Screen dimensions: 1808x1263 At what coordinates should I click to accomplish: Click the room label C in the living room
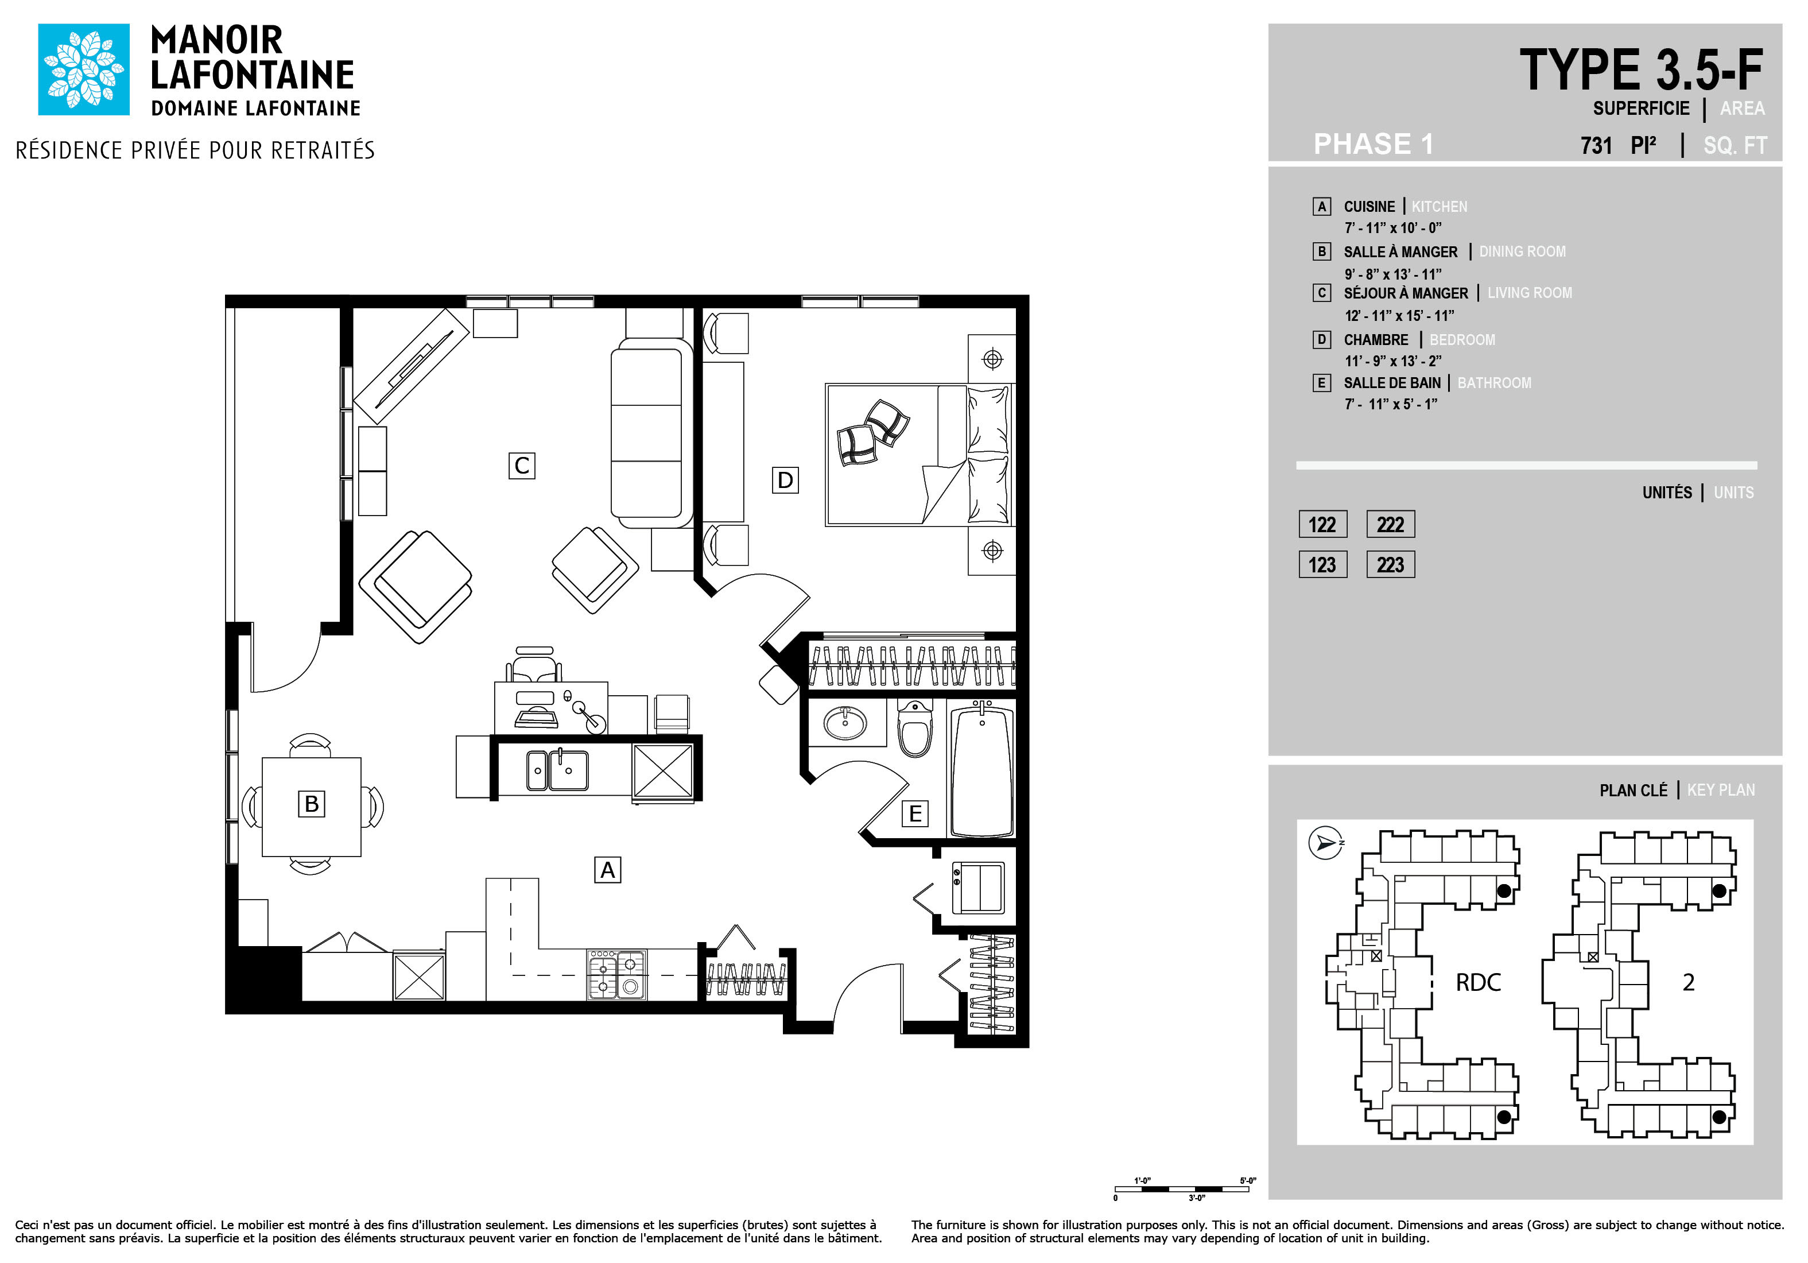pyautogui.click(x=521, y=466)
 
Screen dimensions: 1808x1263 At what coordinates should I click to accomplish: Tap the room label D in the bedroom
pyautogui.click(x=785, y=479)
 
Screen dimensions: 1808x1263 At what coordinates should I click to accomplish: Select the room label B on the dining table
pyautogui.click(x=311, y=803)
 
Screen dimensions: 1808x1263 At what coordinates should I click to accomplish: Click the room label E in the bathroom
pyautogui.click(x=915, y=813)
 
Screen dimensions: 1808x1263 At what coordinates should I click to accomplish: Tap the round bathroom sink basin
pyautogui.click(x=845, y=722)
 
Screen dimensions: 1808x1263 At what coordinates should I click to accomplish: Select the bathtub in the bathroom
pyautogui.click(x=982, y=770)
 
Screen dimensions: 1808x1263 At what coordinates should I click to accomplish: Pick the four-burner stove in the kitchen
pyautogui.click(x=616, y=974)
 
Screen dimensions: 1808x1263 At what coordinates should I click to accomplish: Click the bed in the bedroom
pyautogui.click(x=919, y=454)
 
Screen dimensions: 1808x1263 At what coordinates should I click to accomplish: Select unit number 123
pyautogui.click(x=1322, y=564)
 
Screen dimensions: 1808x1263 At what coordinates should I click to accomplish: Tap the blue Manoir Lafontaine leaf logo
pyautogui.click(x=83, y=69)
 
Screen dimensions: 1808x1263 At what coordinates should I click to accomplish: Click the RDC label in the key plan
pyautogui.click(x=1478, y=982)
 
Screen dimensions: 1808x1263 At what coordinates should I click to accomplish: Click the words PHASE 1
pyautogui.click(x=1374, y=144)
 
